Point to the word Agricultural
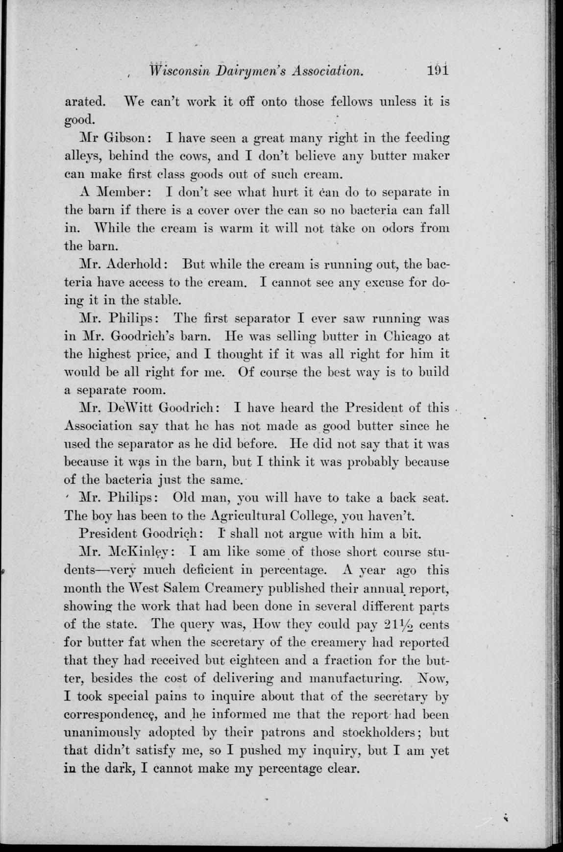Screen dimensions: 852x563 pyautogui.click(x=248, y=516)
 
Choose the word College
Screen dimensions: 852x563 pyautogui.click(x=314, y=516)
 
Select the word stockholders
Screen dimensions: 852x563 pyautogui.click(x=377, y=733)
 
